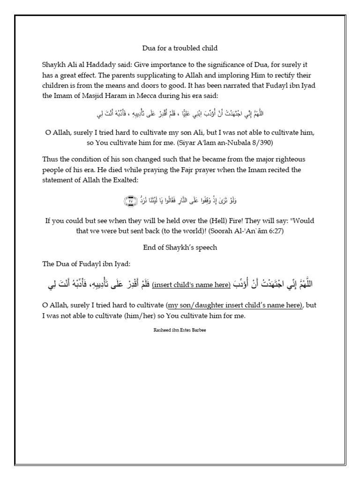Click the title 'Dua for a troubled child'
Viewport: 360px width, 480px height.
coord(180,48)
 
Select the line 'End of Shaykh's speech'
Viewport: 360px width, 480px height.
coord(180,247)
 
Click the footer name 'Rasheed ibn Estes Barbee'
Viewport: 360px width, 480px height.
coord(180,330)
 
